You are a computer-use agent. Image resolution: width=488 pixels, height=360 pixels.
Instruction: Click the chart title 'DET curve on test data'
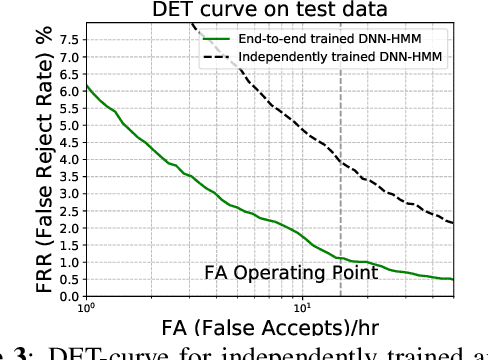tap(269, 10)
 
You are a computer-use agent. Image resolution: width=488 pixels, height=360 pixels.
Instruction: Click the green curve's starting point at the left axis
tap(86, 85)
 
